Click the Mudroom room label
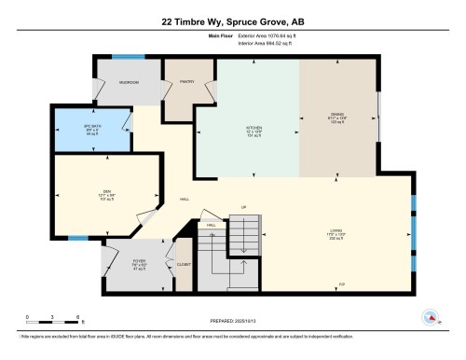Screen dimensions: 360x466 [x=128, y=82]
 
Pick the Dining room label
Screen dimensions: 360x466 [x=337, y=116]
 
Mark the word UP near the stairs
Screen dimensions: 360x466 [x=243, y=207]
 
